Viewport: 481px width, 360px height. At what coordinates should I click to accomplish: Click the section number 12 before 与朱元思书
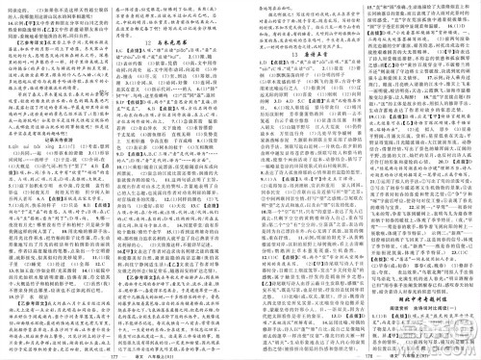click(x=147, y=44)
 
